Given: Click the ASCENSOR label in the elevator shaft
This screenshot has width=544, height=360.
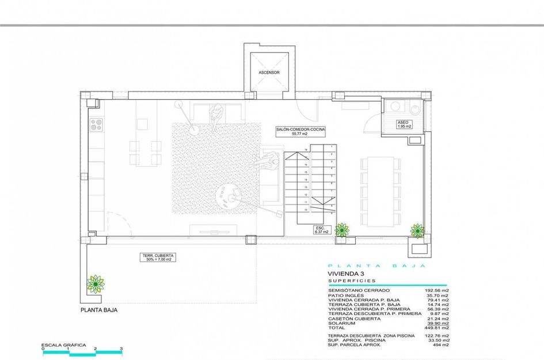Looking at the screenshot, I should pos(269,73).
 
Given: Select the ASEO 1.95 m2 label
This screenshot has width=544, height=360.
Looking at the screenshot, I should pos(404,124).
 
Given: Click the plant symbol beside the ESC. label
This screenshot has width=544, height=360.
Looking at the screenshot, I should pos(342,230).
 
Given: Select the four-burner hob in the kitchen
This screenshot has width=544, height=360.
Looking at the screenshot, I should pos(96,123).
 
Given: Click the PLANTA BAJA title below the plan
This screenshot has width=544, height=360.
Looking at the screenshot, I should pos(99,310).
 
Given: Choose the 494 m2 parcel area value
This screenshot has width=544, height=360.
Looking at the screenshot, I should pos(441,344).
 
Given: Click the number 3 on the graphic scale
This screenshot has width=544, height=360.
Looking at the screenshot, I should pos(121,349).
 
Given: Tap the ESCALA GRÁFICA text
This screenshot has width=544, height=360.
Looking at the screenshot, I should pos(64,345).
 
